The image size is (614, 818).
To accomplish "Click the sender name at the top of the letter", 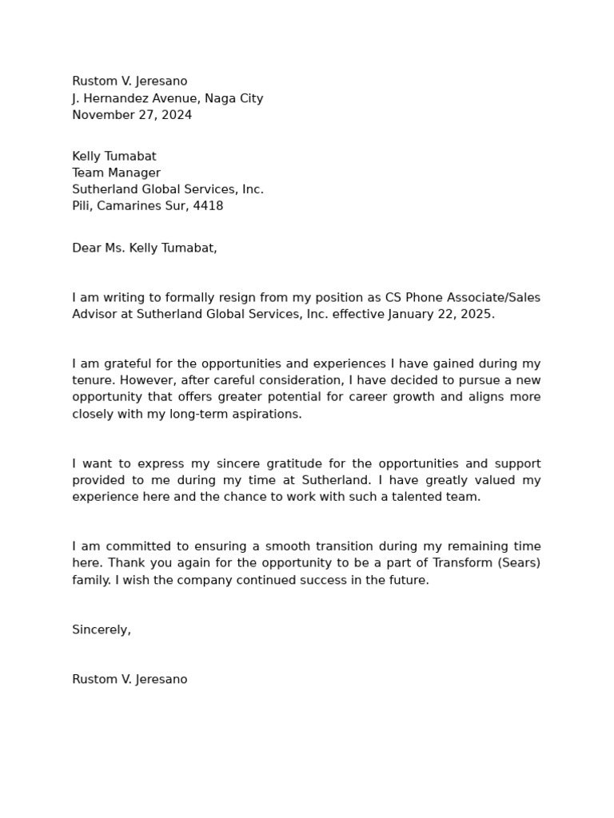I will [x=130, y=81].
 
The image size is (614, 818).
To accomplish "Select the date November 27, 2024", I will [x=132, y=115].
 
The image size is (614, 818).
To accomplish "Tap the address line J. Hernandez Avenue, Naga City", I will [x=167, y=98].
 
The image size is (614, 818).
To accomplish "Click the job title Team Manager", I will [x=116, y=173].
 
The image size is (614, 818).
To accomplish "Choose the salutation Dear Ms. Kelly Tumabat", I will [x=144, y=248].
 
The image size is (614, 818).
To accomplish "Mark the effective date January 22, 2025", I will [x=441, y=315].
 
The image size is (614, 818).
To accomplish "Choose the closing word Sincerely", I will [x=101, y=630].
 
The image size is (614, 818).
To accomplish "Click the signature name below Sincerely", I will [x=130, y=680].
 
